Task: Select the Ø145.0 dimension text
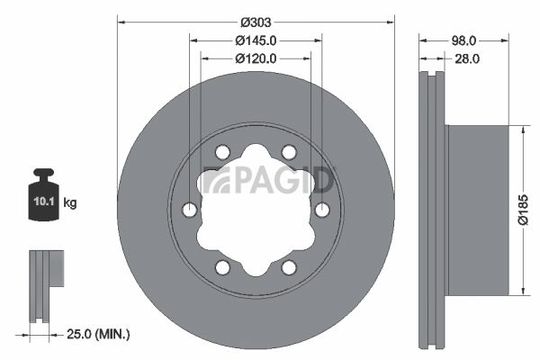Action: click(256, 40)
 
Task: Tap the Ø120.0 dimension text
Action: click(256, 58)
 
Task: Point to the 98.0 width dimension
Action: click(464, 40)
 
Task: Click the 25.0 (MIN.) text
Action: click(100, 335)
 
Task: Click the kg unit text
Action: click(70, 203)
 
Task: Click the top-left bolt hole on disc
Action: click(222, 152)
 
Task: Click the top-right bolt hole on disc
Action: click(289, 152)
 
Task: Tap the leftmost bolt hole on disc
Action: click(190, 210)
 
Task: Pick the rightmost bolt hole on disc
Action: click(322, 210)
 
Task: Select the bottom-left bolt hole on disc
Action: click(222, 267)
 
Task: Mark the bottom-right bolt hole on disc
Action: click(289, 267)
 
